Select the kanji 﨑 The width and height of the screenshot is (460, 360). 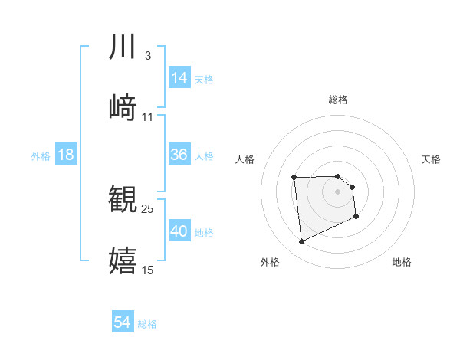[x=123, y=106]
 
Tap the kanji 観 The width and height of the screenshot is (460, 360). [x=123, y=198]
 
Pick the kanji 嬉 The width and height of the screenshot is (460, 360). [x=123, y=260]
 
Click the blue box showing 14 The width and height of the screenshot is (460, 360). [x=179, y=78]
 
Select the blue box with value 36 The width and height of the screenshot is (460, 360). [x=179, y=155]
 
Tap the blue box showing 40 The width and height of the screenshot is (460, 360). [x=179, y=231]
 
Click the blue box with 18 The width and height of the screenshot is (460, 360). [x=66, y=155]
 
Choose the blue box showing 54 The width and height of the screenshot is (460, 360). [x=123, y=322]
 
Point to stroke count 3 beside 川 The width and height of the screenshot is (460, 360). [x=147, y=56]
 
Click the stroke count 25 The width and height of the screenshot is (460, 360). [x=148, y=208]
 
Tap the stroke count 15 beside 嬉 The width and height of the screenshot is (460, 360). [x=148, y=270]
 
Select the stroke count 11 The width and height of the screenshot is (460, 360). [x=148, y=117]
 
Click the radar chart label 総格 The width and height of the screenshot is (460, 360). [x=338, y=100]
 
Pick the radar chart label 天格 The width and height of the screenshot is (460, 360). [x=431, y=159]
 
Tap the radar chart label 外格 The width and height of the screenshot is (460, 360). [x=270, y=262]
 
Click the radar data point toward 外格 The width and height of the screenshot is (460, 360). [x=302, y=242]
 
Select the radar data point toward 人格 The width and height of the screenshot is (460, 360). [x=294, y=178]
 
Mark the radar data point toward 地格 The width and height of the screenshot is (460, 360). [x=356, y=218]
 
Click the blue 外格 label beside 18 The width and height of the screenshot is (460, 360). [x=41, y=155]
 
